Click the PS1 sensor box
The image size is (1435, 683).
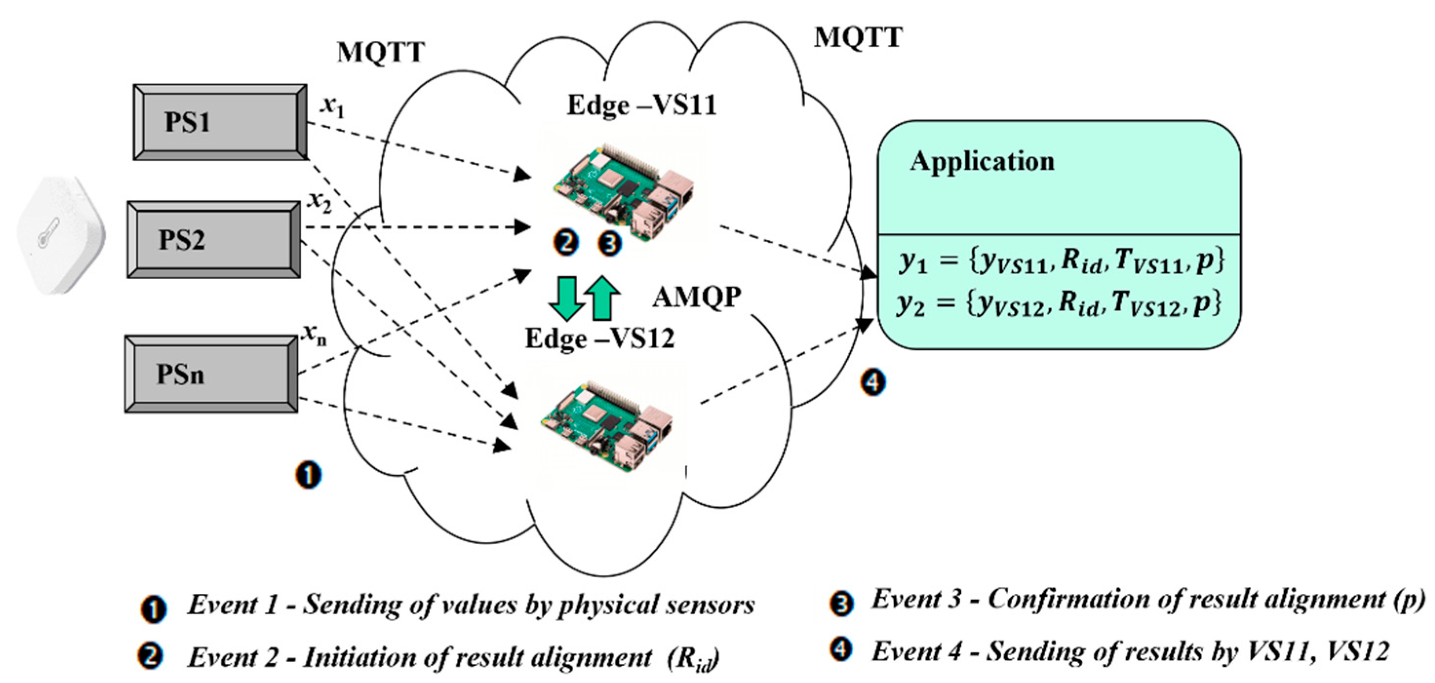point(219,122)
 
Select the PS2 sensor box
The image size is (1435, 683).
point(214,239)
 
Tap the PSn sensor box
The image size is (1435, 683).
point(211,374)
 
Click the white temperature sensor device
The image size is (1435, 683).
point(60,234)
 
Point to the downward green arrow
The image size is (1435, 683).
point(566,298)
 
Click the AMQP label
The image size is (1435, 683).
point(697,297)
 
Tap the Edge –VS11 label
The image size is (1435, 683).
point(641,106)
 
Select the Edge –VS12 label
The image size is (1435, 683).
point(600,339)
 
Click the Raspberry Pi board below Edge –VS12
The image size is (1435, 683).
point(607,426)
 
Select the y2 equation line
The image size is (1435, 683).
point(1058,304)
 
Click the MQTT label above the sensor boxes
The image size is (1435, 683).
point(381,53)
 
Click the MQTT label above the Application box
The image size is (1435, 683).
point(858,38)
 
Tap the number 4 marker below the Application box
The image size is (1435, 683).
point(873,382)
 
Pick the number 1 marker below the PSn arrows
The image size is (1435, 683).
point(309,475)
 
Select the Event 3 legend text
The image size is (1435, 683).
point(1147,600)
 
